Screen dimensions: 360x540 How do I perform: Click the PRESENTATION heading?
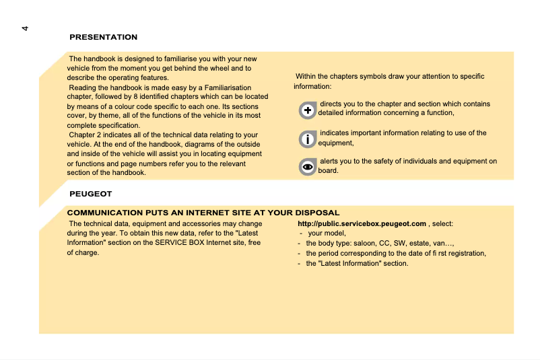point(103,37)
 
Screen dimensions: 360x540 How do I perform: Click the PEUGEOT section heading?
point(90,194)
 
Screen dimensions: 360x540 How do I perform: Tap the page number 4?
point(25,28)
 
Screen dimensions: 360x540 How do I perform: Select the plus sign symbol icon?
point(308,110)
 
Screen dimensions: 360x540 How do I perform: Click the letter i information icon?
point(308,139)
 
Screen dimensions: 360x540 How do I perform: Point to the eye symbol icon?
point(308,166)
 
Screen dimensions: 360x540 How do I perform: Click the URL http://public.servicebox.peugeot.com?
point(362,223)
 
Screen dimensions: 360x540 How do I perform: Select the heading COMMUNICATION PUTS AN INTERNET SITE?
point(203,213)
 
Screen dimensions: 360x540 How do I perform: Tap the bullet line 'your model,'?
point(327,233)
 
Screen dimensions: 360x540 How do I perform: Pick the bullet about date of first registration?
point(396,253)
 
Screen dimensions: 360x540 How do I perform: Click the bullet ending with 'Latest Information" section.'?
point(357,263)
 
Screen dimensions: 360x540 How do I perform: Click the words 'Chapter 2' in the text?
point(86,135)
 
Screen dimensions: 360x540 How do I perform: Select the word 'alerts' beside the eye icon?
point(330,161)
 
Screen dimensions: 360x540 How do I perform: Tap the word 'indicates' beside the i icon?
point(335,133)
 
